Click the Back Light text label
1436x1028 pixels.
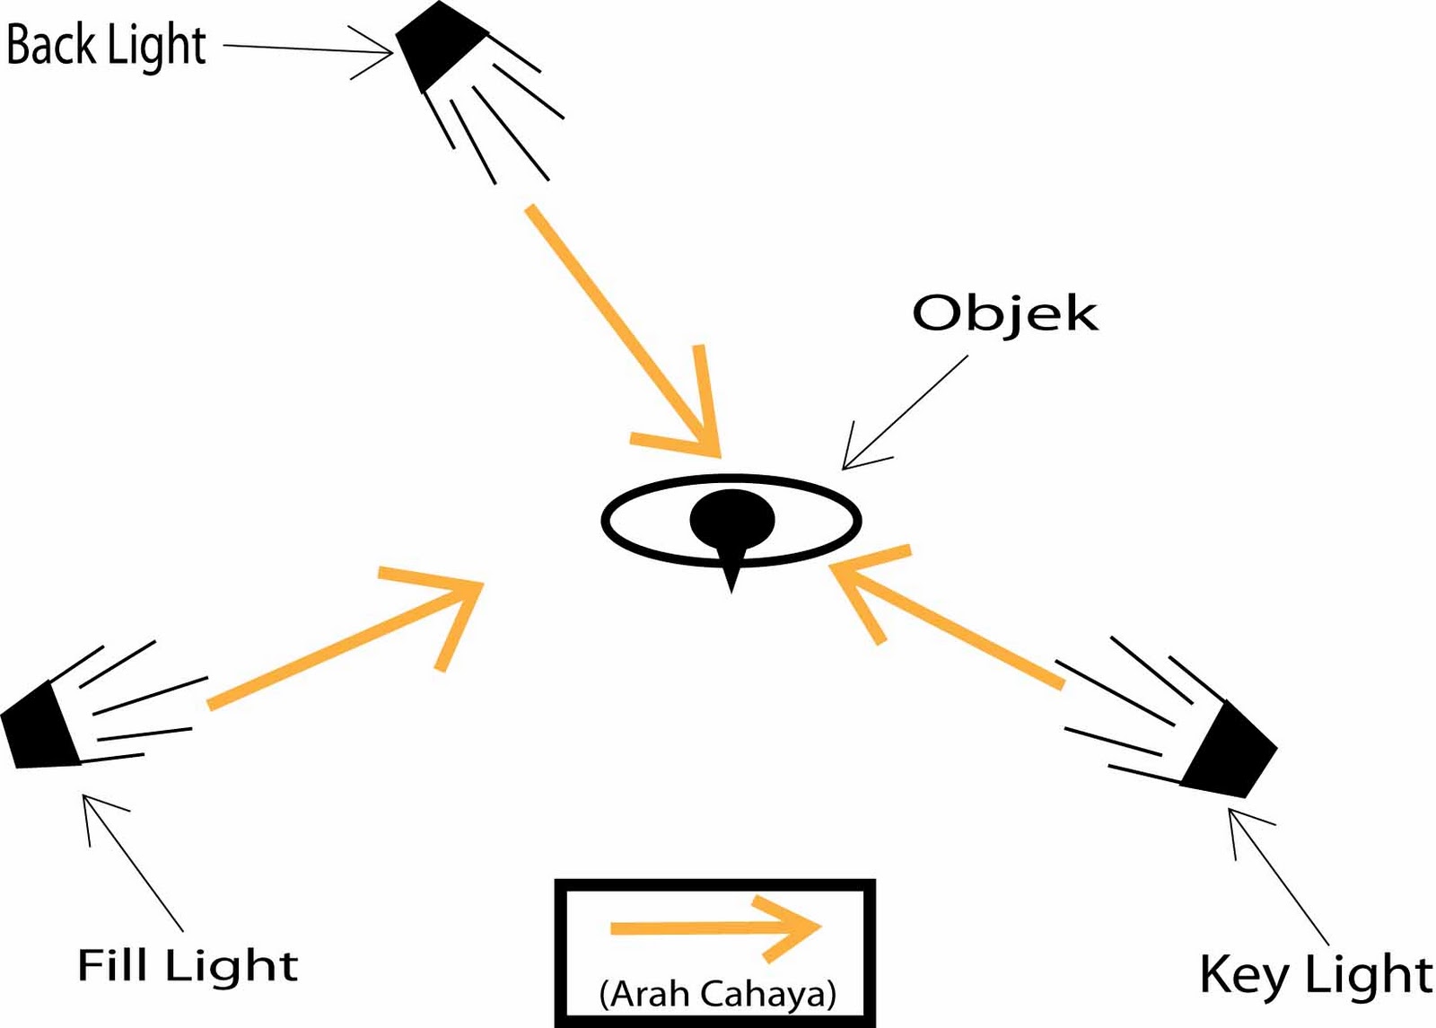[x=106, y=45]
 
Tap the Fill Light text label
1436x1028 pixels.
[x=187, y=967]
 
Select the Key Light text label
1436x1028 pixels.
[x=1315, y=975]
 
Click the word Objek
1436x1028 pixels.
[x=1004, y=314]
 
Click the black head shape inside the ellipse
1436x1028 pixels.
[x=731, y=519]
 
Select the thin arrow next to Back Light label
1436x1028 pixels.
[x=305, y=49]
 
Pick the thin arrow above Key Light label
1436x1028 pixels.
[x=1278, y=875]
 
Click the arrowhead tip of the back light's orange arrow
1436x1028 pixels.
[x=718, y=453]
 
